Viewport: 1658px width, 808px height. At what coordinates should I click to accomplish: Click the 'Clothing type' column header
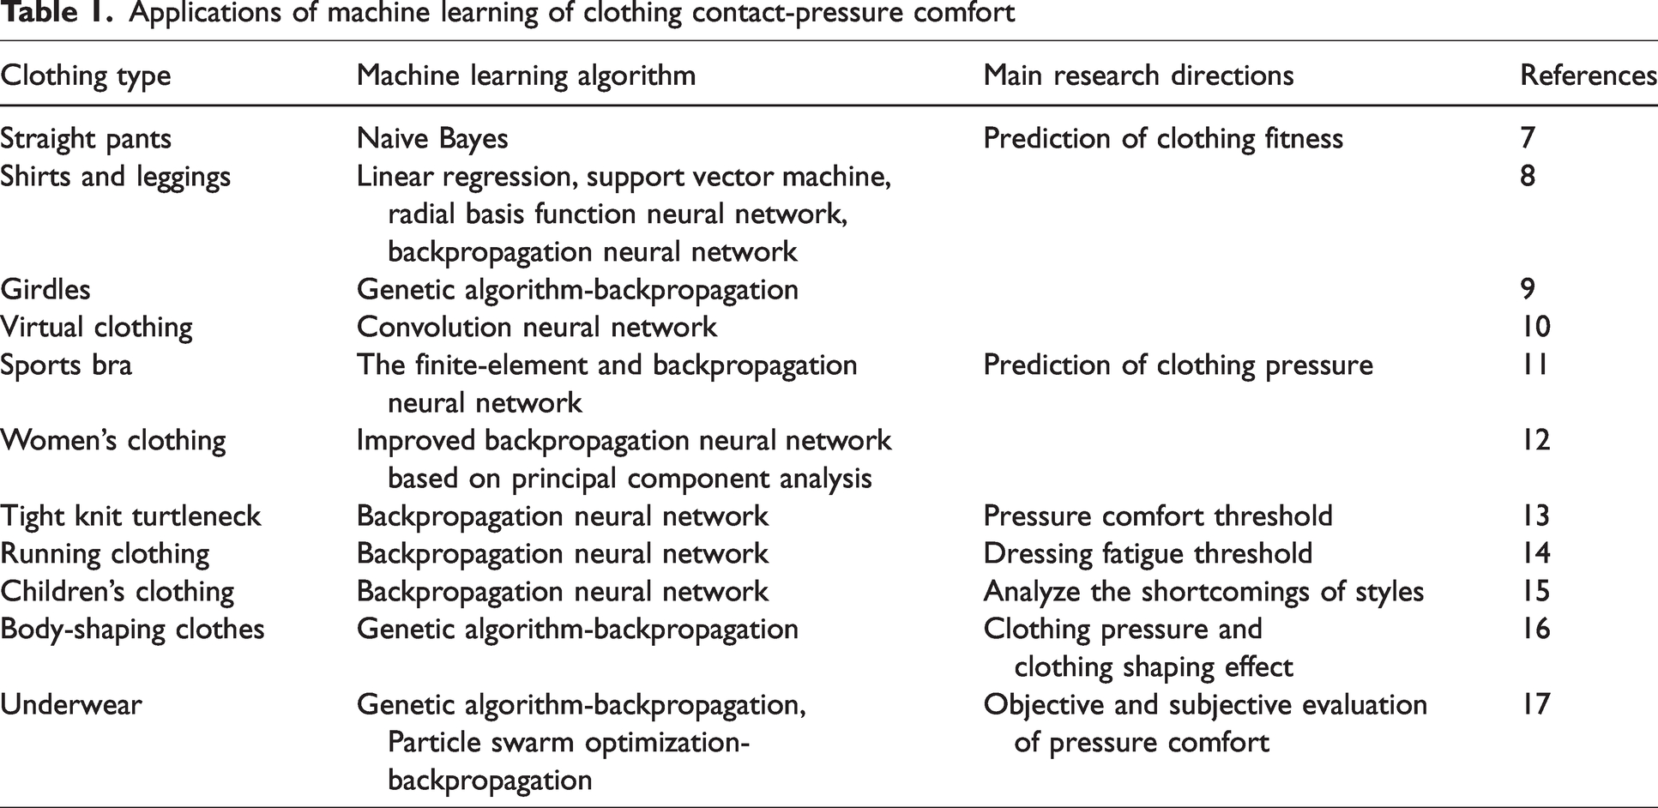(86, 75)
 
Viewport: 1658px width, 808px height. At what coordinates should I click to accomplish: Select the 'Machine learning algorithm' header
(526, 75)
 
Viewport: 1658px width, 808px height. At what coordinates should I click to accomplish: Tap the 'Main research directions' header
(1138, 75)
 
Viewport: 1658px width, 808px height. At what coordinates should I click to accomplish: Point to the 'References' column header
(1589, 75)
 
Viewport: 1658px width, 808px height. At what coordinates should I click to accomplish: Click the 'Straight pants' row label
(86, 139)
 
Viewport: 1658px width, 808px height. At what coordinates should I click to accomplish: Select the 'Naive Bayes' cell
(432, 139)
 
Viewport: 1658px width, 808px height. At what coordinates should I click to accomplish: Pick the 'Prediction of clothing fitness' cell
(1163, 139)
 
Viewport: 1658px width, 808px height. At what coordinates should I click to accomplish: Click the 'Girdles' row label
(45, 289)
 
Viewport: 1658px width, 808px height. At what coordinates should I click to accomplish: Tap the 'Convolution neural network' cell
(537, 327)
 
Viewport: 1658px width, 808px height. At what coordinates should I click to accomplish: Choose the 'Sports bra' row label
(66, 365)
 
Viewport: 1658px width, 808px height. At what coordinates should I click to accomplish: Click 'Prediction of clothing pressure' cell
(1178, 365)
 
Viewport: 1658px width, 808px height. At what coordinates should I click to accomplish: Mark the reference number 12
(1535, 441)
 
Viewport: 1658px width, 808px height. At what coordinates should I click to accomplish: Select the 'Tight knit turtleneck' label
(130, 516)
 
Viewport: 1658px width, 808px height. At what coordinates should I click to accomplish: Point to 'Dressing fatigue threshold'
(1148, 554)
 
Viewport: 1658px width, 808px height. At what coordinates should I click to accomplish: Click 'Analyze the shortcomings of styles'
(1203, 592)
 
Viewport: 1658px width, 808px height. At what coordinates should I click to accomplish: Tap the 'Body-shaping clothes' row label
(132, 630)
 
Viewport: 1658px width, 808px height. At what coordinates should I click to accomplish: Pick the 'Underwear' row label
(71, 705)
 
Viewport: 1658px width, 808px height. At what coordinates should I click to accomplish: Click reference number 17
(1535, 705)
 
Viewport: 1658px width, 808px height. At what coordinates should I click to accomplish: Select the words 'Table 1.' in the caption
(57, 14)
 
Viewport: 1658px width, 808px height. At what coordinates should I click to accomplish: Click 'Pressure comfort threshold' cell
(1158, 516)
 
